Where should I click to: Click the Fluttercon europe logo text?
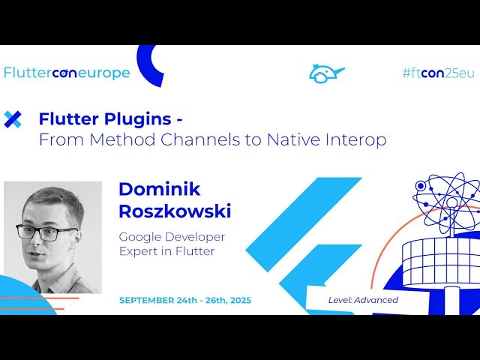[x=67, y=73]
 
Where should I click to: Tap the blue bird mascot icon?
[x=326, y=73]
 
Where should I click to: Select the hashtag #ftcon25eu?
[x=438, y=73]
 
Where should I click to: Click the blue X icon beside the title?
[x=13, y=118]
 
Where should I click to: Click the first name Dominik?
[x=160, y=189]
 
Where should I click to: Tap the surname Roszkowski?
[x=175, y=211]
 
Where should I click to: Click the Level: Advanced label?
[x=363, y=300]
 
